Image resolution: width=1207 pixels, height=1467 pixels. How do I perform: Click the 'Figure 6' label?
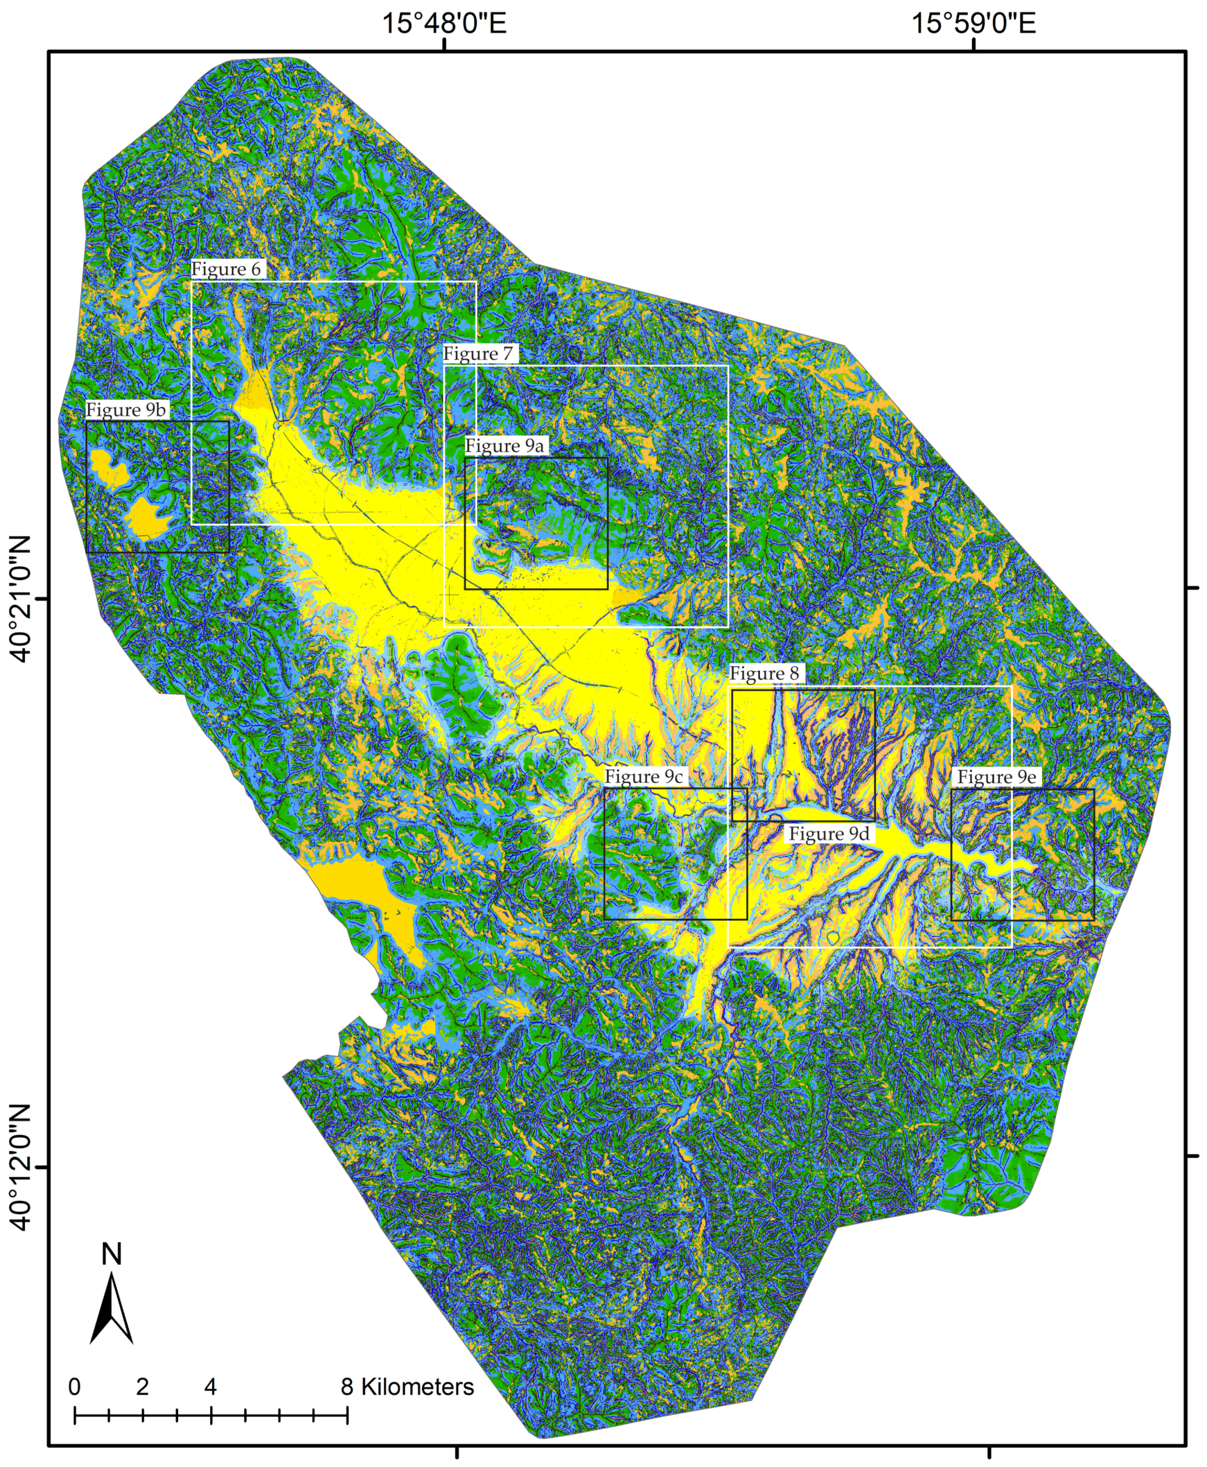click(x=227, y=269)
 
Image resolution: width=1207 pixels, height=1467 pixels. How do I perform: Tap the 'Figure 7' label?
click(x=479, y=354)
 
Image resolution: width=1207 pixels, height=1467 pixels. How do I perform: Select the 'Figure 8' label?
click(x=764, y=674)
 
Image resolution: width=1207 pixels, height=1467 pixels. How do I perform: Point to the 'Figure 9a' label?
click(x=504, y=445)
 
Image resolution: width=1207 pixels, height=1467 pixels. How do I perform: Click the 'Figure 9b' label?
click(x=126, y=410)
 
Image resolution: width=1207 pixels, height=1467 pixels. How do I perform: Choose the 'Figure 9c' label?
click(x=643, y=776)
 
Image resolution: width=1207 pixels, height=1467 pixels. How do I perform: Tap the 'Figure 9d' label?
click(x=829, y=834)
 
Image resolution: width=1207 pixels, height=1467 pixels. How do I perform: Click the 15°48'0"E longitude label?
click(x=444, y=24)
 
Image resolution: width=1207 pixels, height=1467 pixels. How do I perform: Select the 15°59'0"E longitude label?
click(x=974, y=24)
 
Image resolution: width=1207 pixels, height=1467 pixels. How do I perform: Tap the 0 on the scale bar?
click(x=74, y=1387)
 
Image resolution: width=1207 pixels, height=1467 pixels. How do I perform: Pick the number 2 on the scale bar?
click(x=143, y=1387)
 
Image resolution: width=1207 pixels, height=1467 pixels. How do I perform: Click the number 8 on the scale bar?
click(x=347, y=1387)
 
